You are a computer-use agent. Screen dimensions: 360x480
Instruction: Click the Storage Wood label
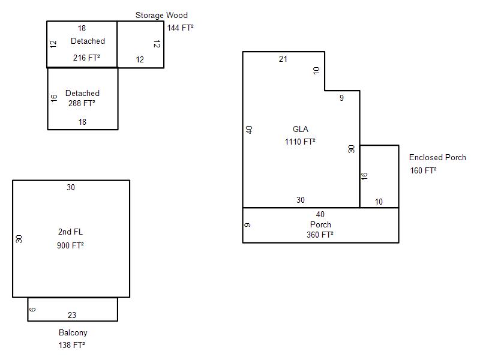(161, 15)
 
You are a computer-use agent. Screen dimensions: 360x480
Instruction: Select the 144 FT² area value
(181, 28)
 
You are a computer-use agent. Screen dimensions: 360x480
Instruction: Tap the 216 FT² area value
(86, 58)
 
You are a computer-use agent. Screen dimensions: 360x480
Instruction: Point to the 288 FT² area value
(82, 103)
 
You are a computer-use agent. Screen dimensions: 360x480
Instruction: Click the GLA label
(301, 129)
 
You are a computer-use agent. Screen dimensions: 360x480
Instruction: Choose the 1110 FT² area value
(300, 142)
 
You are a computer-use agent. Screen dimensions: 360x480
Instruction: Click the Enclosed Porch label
(437, 158)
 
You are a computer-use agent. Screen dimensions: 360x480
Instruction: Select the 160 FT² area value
(423, 170)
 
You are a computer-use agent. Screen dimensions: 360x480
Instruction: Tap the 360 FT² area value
(320, 235)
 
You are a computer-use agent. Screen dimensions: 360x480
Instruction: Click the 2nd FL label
(70, 232)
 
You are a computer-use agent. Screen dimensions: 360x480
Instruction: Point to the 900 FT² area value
(70, 245)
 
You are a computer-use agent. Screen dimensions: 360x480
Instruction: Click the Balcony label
(73, 332)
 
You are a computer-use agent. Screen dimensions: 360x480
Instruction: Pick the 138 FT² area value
(71, 345)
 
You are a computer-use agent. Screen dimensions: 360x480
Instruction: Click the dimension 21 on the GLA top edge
(283, 59)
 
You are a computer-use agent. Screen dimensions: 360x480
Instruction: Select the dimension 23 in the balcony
(72, 315)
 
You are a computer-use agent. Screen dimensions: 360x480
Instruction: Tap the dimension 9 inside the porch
(248, 225)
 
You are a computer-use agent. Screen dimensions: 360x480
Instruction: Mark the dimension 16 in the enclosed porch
(364, 176)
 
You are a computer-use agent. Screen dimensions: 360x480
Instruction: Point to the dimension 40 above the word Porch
(320, 214)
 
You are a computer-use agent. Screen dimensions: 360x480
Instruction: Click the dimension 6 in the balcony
(33, 310)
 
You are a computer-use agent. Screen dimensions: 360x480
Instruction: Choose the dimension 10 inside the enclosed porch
(379, 202)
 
